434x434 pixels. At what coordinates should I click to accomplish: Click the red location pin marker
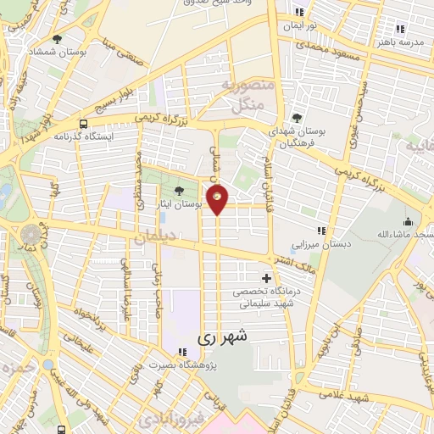point(218,199)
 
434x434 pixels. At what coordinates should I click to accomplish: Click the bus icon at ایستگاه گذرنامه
point(82,121)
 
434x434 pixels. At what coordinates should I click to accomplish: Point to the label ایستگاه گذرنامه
point(78,136)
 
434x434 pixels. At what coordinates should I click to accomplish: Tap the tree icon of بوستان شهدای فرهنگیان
point(296,118)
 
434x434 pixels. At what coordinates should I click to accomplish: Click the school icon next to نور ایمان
point(298,12)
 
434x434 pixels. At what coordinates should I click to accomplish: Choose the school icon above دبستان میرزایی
point(320,231)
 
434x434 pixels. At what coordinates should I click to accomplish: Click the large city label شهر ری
point(223,337)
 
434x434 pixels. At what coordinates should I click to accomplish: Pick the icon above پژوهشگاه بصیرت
point(181,351)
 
